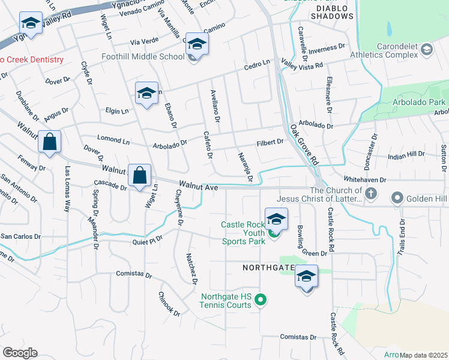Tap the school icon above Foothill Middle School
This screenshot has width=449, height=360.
tap(197, 44)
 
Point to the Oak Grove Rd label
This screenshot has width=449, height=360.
tap(303, 145)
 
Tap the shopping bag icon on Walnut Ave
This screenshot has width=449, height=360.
tap(139, 176)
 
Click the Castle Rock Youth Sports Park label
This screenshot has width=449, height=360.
tap(243, 233)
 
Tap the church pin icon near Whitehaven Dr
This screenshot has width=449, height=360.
tap(371, 194)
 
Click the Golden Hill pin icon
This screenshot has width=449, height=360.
tap(397, 197)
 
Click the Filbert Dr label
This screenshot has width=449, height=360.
tap(270, 142)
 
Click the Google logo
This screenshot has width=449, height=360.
tap(20, 353)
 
